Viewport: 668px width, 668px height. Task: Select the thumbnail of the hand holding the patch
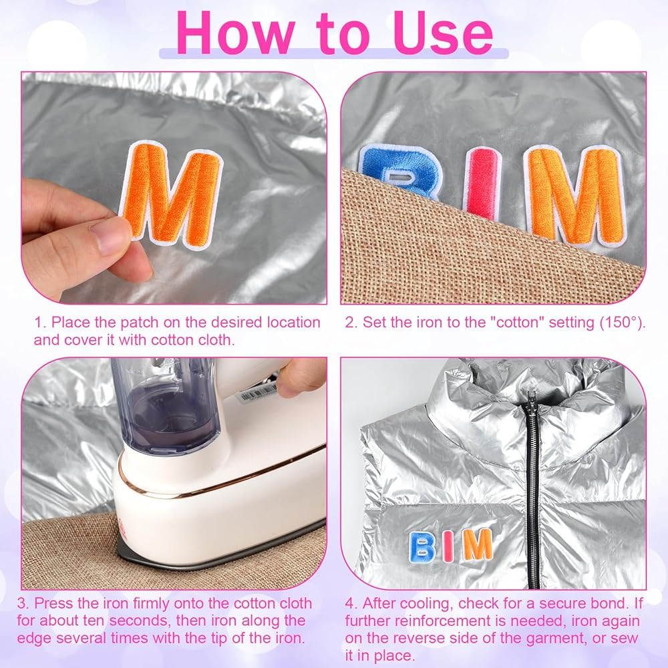(174, 188)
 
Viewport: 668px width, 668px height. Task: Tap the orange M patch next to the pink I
(574, 194)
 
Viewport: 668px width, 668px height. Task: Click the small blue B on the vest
(422, 546)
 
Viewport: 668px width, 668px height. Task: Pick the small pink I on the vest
(447, 546)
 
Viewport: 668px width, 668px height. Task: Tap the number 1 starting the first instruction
(39, 323)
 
